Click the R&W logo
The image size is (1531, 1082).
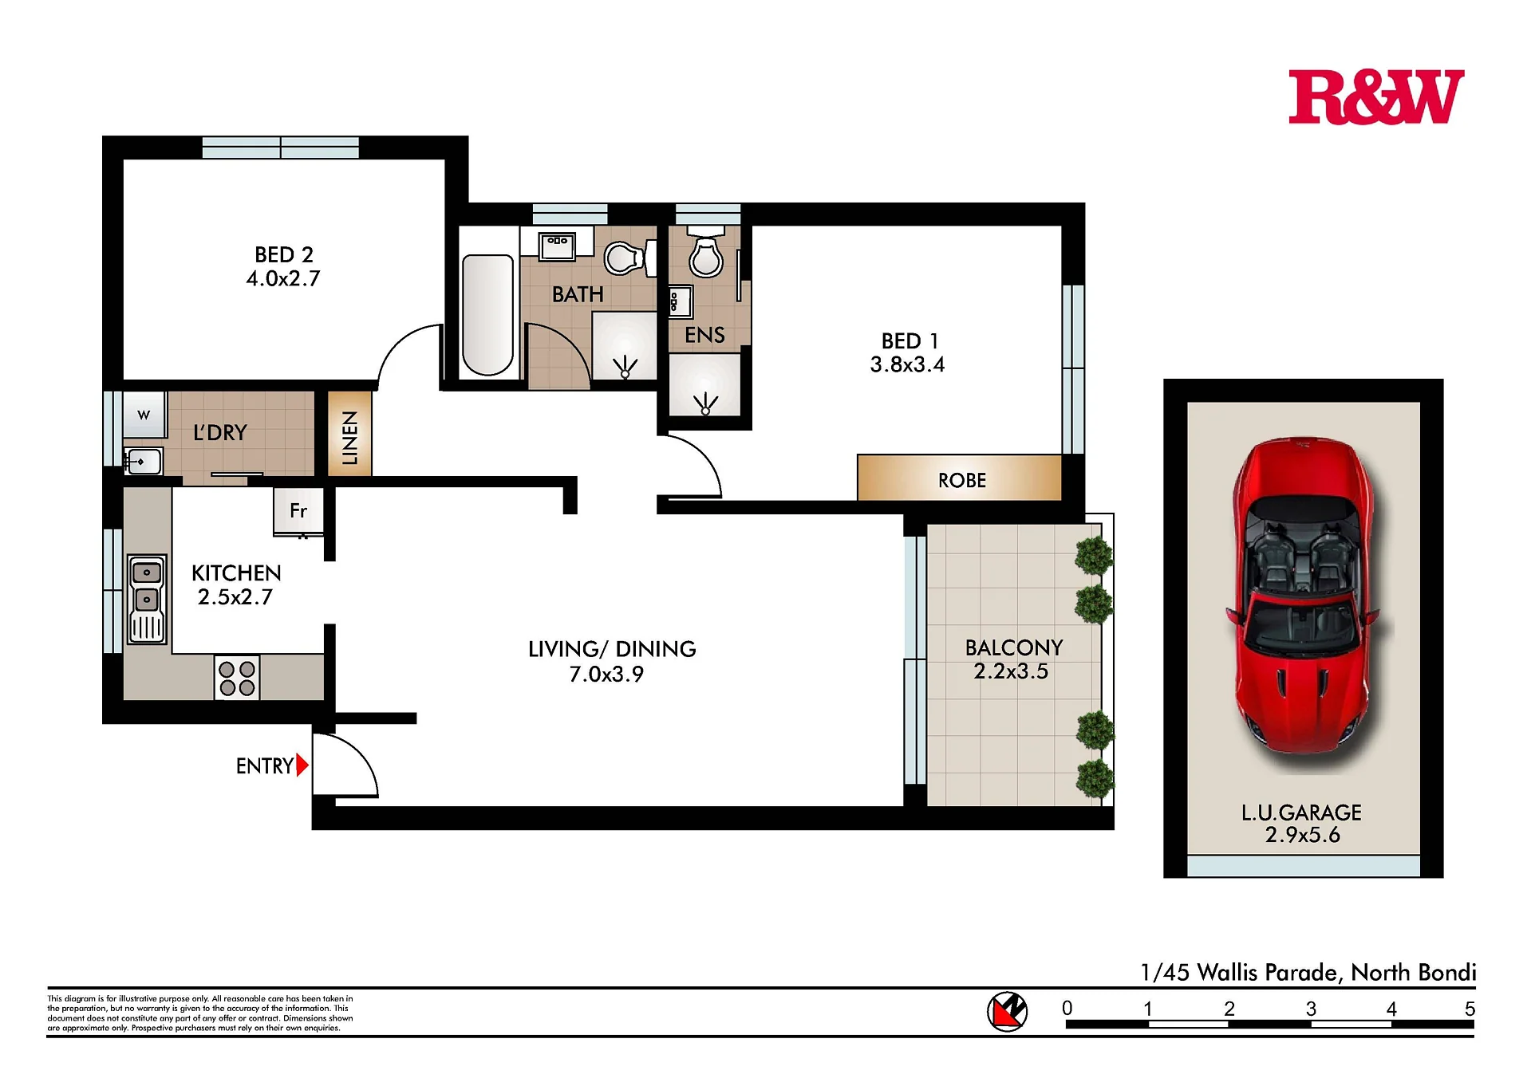click(x=1376, y=96)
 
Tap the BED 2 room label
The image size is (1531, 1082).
click(x=284, y=254)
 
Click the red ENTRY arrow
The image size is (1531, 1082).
click(x=302, y=765)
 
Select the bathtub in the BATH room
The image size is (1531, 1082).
click(x=488, y=315)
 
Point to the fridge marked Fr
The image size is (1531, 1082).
click(x=298, y=511)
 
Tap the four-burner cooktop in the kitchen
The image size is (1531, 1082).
click(x=237, y=678)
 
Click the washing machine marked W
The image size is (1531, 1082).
click(x=144, y=415)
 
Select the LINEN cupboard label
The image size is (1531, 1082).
click(x=350, y=437)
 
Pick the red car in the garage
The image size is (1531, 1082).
click(x=1303, y=604)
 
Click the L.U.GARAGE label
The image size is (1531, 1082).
click(x=1301, y=812)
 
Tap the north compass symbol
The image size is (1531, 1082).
click(x=1007, y=1012)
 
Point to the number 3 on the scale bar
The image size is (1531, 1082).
click(x=1311, y=1009)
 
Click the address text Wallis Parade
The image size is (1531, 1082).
click(x=1270, y=973)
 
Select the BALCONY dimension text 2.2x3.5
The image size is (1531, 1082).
click(x=1011, y=671)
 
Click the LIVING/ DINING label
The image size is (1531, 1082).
click(x=612, y=649)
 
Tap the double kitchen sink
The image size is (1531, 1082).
click(x=148, y=600)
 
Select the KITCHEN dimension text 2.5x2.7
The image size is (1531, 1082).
click(x=235, y=597)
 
